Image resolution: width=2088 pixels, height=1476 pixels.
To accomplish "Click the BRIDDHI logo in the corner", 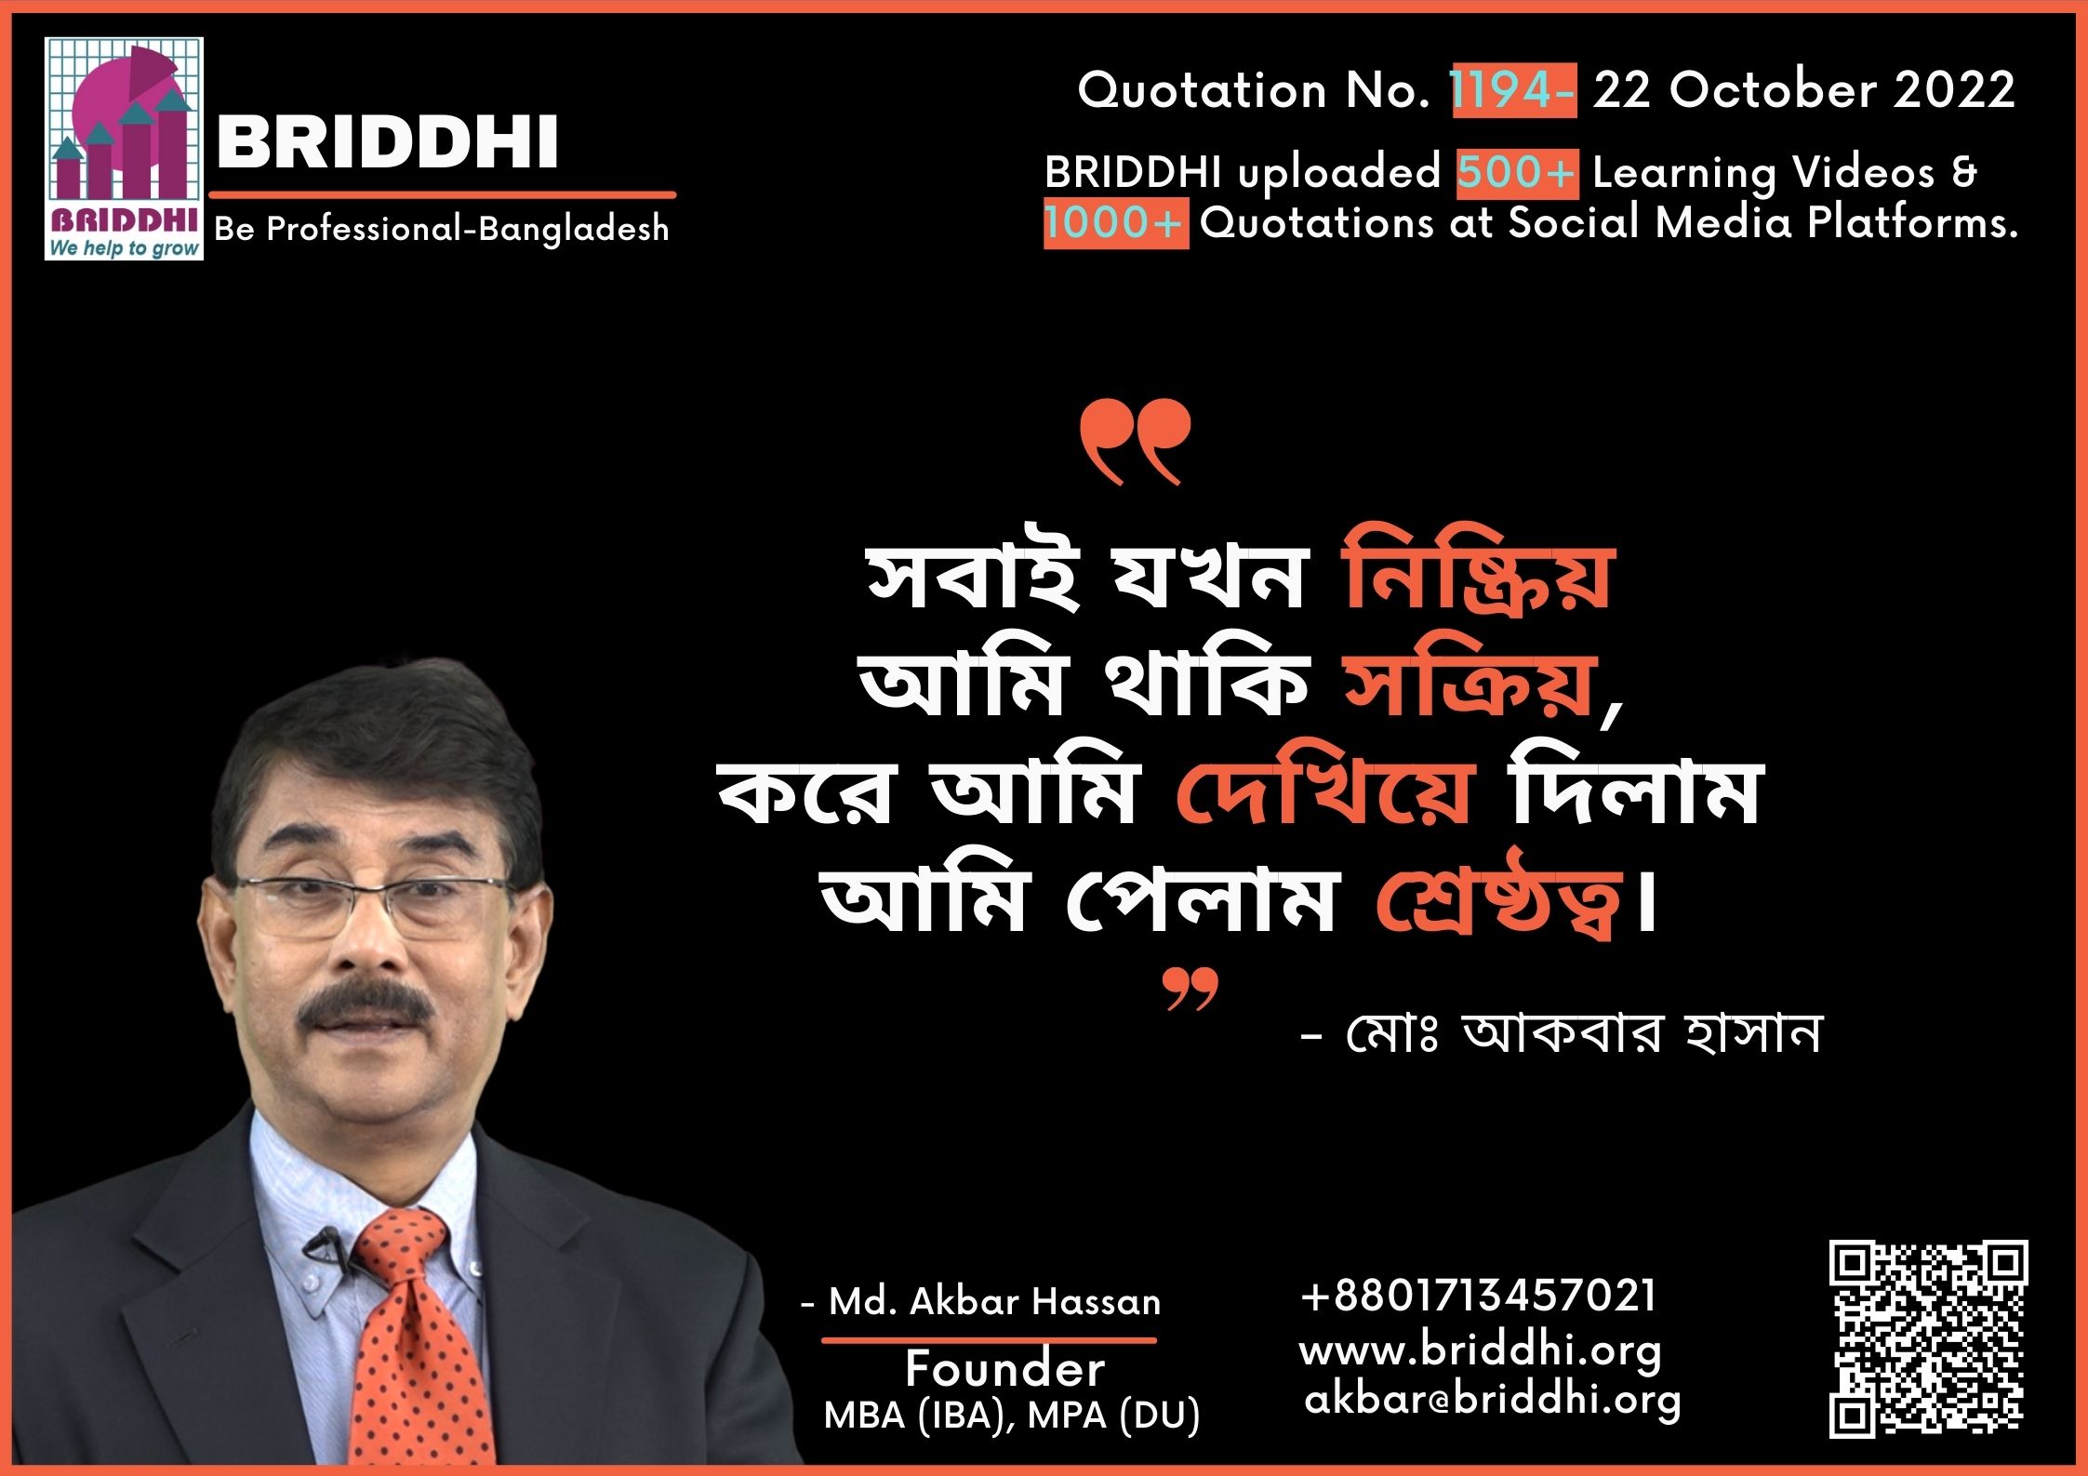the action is click(125, 149).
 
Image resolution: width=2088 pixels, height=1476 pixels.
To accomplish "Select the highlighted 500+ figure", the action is click(1517, 173).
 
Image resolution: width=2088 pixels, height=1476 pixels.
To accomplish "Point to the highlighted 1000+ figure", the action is click(1115, 223).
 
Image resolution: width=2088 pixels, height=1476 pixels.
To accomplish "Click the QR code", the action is click(1929, 1338).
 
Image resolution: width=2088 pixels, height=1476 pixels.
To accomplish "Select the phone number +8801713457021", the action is click(1478, 1295).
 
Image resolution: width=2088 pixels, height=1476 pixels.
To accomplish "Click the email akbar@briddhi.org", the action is click(1493, 1401).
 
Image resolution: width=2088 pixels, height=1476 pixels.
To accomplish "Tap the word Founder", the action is click(1005, 1369).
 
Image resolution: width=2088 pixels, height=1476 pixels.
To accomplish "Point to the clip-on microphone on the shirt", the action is click(323, 1243).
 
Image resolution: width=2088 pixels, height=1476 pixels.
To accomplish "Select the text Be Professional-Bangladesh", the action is click(442, 229).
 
